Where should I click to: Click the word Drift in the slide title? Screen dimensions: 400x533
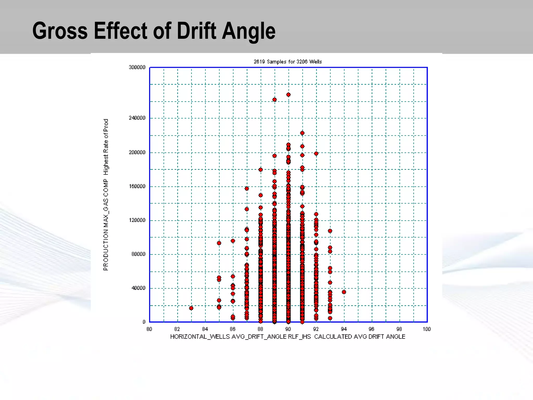[196, 31]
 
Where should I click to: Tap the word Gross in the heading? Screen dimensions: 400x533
[60, 31]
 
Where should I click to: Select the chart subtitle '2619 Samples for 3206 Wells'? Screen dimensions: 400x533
[288, 62]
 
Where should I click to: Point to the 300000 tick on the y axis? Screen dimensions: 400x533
[137, 67]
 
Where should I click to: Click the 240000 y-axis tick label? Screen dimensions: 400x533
[137, 118]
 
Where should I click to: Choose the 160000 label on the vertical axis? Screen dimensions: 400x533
[137, 186]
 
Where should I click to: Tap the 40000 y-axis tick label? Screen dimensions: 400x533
[138, 288]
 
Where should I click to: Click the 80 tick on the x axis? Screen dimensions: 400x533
[149, 329]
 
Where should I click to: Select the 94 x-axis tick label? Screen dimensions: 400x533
[344, 329]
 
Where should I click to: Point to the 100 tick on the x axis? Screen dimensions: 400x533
[427, 329]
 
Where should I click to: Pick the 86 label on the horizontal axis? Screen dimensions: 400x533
[233, 329]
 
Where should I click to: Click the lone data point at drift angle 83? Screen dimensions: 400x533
[191, 308]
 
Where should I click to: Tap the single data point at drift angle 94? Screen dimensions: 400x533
[344, 292]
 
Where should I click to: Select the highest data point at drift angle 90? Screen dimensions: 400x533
[288, 95]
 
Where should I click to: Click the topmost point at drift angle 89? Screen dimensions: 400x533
[274, 99]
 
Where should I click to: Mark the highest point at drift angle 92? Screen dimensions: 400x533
[316, 154]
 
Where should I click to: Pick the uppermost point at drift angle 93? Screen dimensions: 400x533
[330, 231]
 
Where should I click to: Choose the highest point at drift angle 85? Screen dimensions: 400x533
[219, 243]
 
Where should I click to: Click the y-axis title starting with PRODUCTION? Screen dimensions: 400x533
[106, 195]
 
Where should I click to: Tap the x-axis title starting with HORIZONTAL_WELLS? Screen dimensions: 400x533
[288, 337]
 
